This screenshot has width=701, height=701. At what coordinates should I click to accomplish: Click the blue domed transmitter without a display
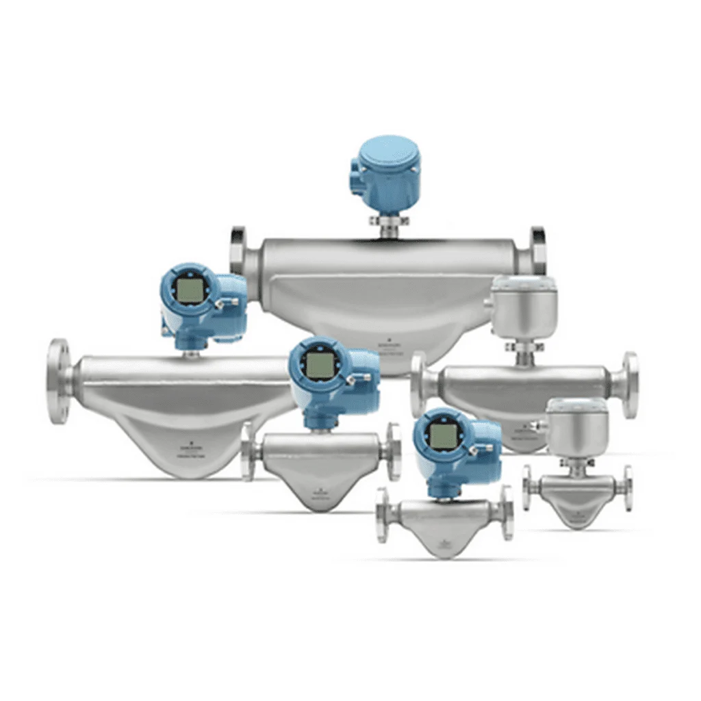385,172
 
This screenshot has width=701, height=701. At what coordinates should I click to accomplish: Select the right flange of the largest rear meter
538,251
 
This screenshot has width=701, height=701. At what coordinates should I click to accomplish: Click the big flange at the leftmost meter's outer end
59,381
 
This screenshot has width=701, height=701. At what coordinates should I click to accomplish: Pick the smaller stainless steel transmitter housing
577,427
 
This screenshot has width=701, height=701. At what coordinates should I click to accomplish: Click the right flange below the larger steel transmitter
629,385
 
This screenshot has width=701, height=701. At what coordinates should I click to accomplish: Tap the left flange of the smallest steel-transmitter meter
527,487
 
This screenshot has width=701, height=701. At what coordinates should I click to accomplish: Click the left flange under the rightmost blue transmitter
383,514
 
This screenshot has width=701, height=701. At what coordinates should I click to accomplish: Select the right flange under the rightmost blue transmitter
507,513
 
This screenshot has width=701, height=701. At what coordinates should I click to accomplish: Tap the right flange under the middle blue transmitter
394,451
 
